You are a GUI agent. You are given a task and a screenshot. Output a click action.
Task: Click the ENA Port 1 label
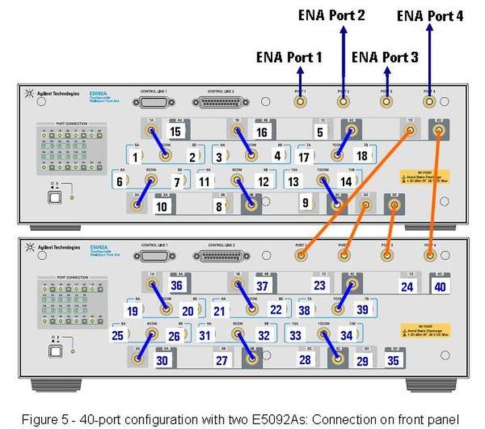click(x=289, y=57)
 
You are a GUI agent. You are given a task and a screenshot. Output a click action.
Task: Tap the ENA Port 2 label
click(x=332, y=14)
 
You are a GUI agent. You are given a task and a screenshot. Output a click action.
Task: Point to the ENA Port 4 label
click(x=430, y=16)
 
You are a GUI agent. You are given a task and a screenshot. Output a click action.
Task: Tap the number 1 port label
click(x=135, y=157)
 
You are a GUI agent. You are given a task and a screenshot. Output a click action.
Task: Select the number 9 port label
click(x=306, y=203)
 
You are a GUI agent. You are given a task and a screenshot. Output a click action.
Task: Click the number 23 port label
click(x=319, y=285)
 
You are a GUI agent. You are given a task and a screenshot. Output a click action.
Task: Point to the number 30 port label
click(x=162, y=360)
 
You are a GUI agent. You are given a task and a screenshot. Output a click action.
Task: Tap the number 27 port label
click(x=222, y=360)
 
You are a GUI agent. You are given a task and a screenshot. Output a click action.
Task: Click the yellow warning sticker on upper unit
click(x=432, y=176)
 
